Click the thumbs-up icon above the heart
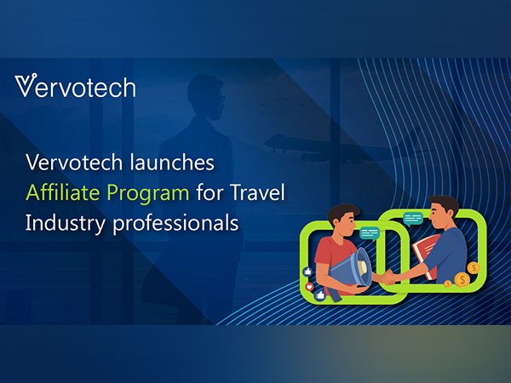[308, 270]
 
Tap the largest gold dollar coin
[462, 280]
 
